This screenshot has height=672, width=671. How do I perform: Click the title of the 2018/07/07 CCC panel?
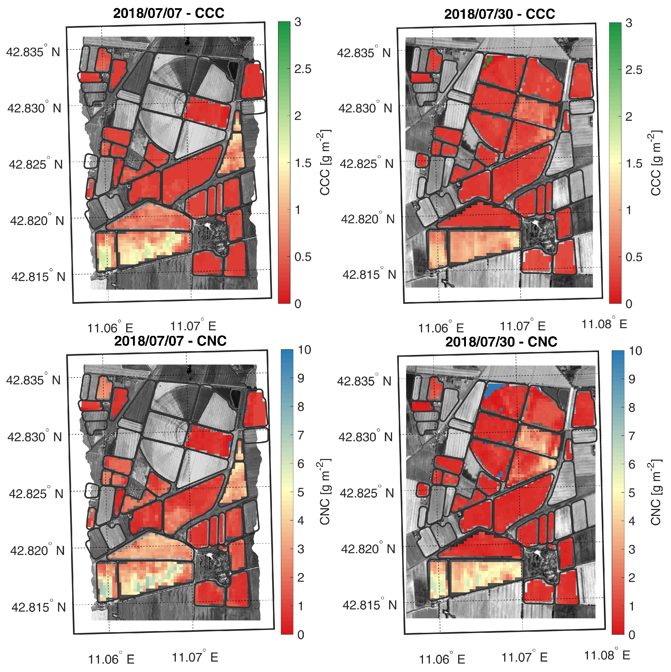(169, 13)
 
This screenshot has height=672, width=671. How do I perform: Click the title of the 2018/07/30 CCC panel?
(499, 14)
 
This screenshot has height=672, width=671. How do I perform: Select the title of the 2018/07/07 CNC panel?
(170, 341)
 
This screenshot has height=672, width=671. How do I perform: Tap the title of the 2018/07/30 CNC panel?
(501, 342)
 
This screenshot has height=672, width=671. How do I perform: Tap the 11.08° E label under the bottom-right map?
(607, 655)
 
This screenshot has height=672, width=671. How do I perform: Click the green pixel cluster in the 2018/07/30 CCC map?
(489, 61)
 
